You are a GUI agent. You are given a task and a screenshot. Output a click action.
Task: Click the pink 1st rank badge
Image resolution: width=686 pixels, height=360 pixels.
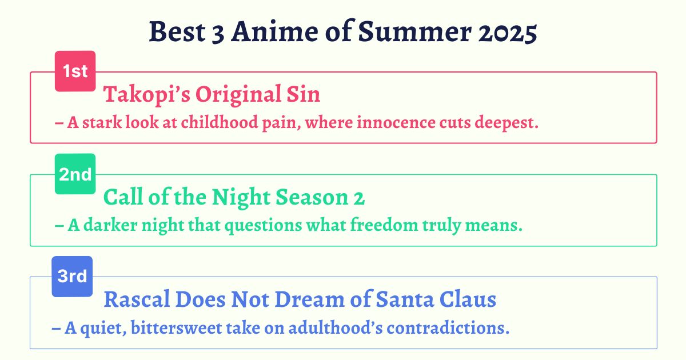[x=75, y=71]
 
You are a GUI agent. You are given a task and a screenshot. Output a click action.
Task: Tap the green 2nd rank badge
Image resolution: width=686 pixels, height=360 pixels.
[x=75, y=174]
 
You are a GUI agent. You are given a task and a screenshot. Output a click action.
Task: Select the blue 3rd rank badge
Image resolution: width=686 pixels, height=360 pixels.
[x=72, y=277]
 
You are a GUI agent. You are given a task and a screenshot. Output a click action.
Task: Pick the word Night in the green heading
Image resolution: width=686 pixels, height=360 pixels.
[x=241, y=198]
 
